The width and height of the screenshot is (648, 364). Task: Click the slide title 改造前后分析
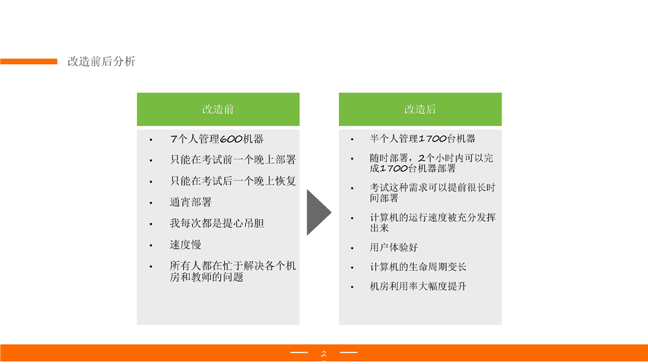101,61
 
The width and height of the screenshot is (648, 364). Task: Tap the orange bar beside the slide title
28,61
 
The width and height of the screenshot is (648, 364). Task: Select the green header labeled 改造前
218,109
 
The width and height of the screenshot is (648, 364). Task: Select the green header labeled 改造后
421,109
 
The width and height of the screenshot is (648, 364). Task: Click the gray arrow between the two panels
319,212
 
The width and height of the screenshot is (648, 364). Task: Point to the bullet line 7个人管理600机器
217,139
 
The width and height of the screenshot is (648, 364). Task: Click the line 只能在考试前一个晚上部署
233,160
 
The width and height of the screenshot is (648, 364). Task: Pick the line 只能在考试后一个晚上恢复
233,181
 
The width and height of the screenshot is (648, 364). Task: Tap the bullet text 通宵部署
190,202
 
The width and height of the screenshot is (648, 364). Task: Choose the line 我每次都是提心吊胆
217,223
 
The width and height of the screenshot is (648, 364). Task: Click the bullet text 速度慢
186,245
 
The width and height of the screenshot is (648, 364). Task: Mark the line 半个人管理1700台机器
423,139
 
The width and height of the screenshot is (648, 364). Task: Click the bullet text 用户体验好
394,247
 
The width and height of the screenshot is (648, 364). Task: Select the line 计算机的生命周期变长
418,267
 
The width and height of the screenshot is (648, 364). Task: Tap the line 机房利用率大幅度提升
418,286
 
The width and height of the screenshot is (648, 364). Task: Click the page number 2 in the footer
323,354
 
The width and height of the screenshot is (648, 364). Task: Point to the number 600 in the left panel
231,139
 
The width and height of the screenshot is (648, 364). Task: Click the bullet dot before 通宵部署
151,203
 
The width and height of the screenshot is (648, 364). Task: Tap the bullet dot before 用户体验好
352,248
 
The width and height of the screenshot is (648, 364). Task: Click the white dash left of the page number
299,353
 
